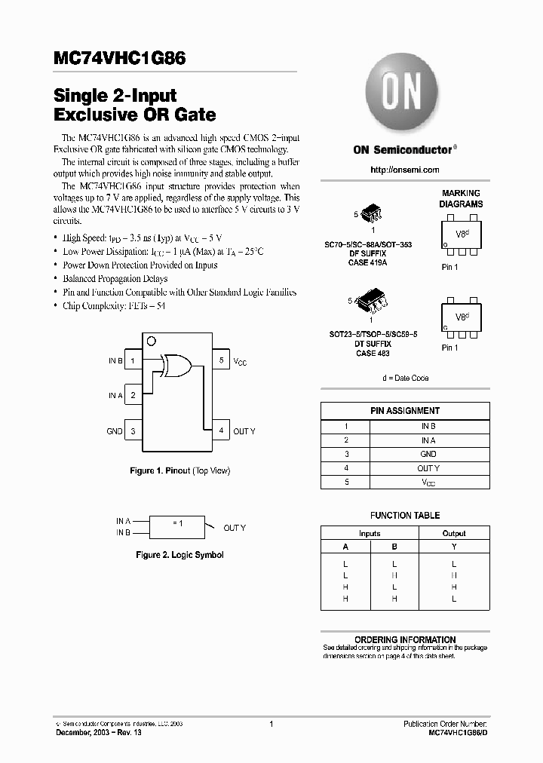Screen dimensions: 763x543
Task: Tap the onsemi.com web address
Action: pyautogui.click(x=405, y=170)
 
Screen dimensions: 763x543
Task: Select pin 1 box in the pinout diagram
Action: pyautogui.click(x=133, y=360)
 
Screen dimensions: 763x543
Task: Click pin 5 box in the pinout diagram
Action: pyautogui.click(x=221, y=360)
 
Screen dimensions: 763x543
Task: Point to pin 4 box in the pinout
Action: pyautogui.click(x=221, y=431)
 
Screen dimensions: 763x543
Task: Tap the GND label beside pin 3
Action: pyautogui.click(x=114, y=431)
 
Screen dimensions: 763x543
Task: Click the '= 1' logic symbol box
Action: pyautogui.click(x=176, y=526)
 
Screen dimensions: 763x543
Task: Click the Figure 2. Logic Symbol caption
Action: pyautogui.click(x=179, y=555)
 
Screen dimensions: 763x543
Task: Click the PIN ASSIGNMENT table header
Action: pyautogui.click(x=405, y=411)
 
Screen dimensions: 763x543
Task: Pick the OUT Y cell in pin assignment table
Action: pyautogui.click(x=428, y=468)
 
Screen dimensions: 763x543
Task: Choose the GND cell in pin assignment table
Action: pyautogui.click(x=428, y=454)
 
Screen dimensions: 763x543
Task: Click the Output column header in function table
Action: pyautogui.click(x=453, y=533)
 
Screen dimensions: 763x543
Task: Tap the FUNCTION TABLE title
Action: pyautogui.click(x=405, y=516)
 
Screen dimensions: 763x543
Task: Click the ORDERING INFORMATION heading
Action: pyautogui.click(x=405, y=639)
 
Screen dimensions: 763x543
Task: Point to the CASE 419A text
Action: pyautogui.click(x=368, y=263)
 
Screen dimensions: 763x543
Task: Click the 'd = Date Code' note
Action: pyautogui.click(x=405, y=378)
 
